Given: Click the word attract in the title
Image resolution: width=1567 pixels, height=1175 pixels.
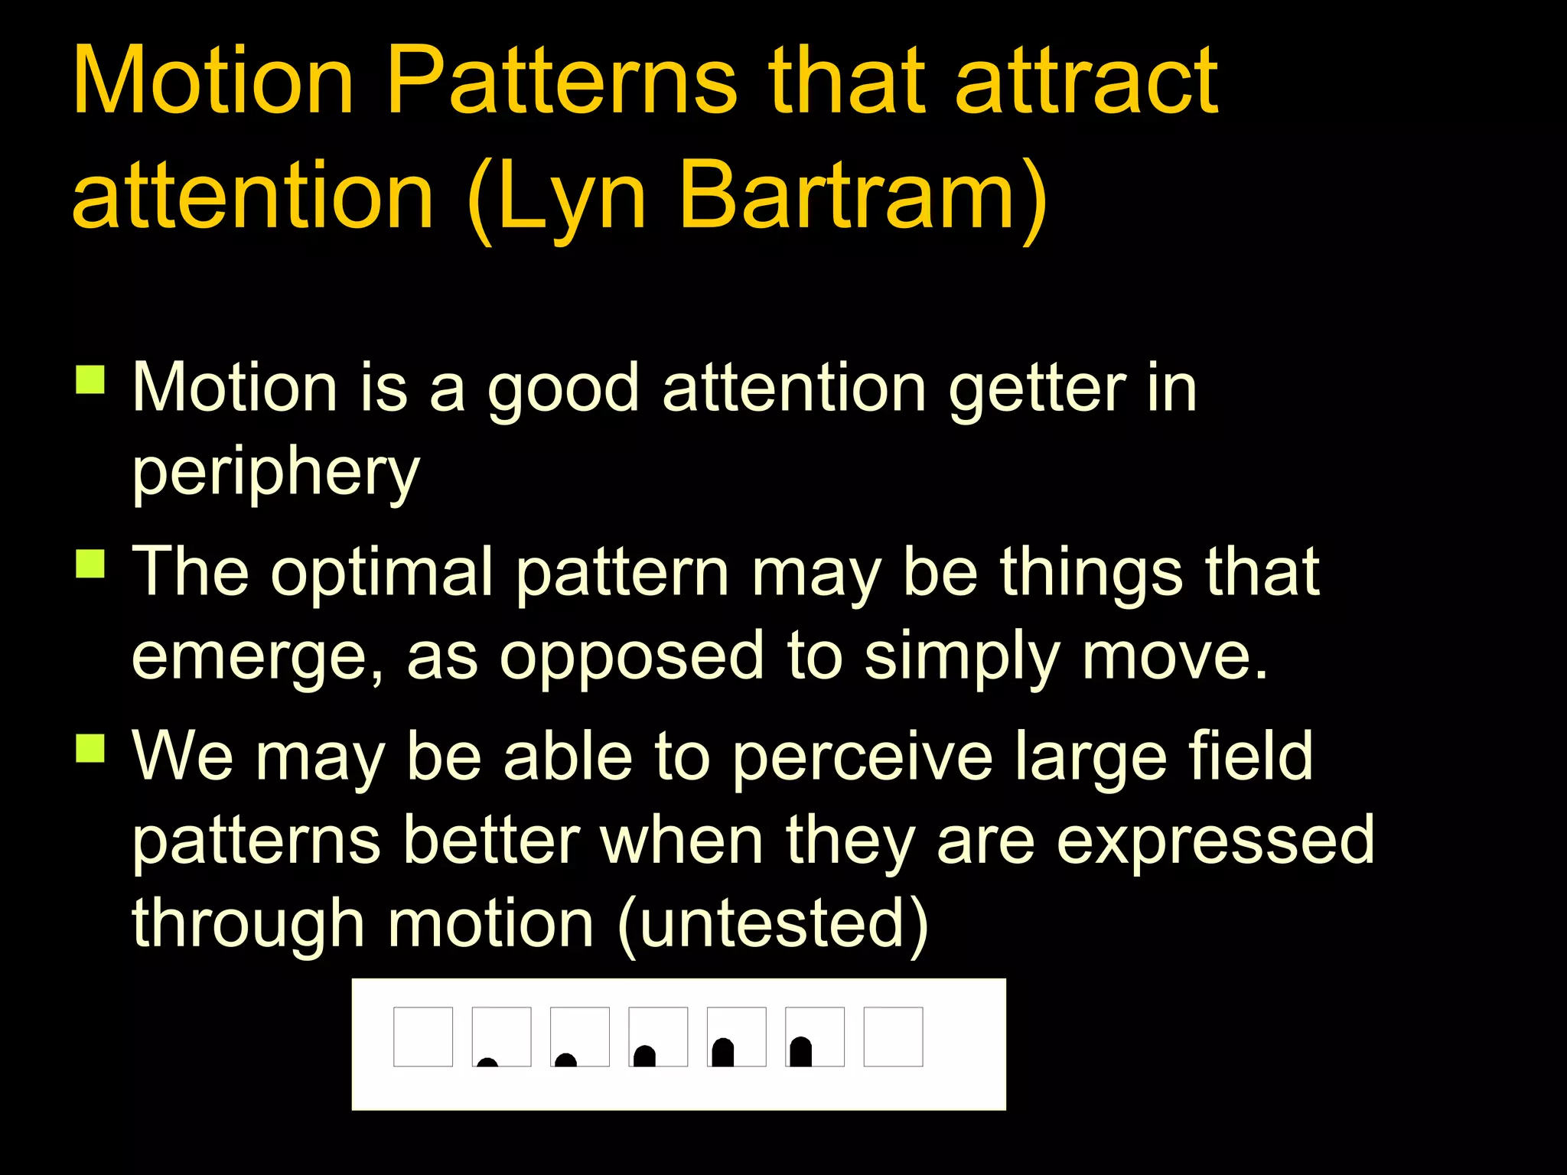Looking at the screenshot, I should tap(1086, 83).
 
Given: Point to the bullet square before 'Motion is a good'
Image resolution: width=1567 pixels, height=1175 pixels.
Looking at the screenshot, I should tap(90, 379).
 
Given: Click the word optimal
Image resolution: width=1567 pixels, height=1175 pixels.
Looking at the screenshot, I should tap(383, 574).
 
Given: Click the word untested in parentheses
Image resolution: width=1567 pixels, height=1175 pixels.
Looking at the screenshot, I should tap(773, 924).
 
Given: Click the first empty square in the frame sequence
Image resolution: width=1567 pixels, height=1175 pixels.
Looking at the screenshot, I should tap(423, 1037).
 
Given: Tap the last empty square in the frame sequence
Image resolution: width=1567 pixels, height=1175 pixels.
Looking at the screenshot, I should tap(893, 1037).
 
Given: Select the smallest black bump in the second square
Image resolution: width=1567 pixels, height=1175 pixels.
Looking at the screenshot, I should tap(487, 1062).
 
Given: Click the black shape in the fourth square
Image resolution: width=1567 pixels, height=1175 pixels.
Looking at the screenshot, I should tap(645, 1056).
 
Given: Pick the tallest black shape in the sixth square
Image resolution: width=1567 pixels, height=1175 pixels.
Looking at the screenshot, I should tap(801, 1052).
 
